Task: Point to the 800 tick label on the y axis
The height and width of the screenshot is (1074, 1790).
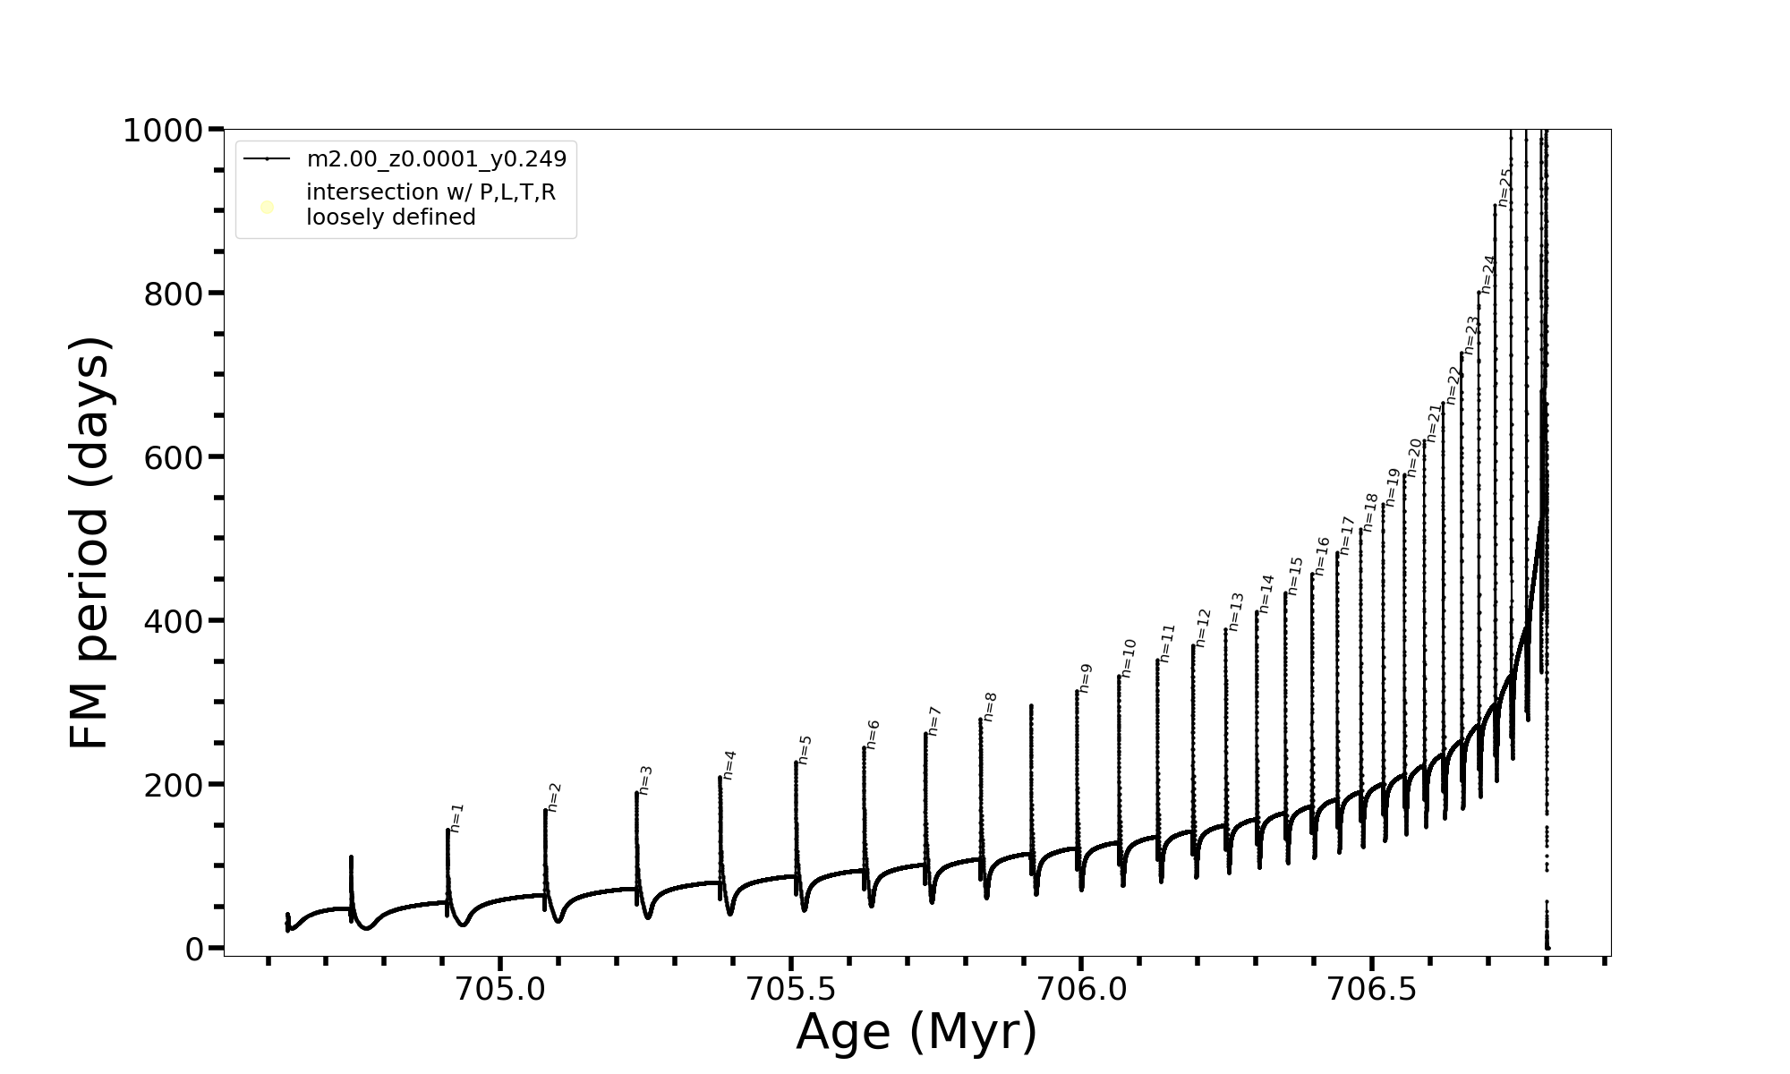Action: (173, 294)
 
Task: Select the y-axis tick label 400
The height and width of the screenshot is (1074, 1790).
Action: (173, 620)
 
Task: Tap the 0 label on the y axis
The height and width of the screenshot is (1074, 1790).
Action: (195, 949)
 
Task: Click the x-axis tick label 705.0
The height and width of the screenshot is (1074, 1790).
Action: (500, 989)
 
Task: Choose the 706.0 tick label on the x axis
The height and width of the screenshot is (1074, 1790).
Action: (1081, 989)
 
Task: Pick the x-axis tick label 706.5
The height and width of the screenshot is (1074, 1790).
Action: (1371, 989)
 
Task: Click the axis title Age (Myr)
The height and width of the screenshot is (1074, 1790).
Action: (916, 1032)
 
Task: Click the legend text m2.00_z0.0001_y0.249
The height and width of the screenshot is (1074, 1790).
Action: (437, 159)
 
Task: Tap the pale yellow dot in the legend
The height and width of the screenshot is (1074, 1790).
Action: (267, 208)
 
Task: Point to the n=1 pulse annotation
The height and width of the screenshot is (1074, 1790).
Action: (456, 818)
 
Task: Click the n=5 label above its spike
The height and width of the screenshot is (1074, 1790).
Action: (805, 750)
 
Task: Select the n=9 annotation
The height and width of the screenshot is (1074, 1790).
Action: (1086, 678)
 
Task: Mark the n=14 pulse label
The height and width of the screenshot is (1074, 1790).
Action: (1266, 594)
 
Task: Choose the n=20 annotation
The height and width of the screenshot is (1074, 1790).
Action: (1414, 457)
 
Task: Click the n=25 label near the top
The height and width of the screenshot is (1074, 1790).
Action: (1504, 188)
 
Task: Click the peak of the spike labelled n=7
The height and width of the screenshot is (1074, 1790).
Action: (925, 734)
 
